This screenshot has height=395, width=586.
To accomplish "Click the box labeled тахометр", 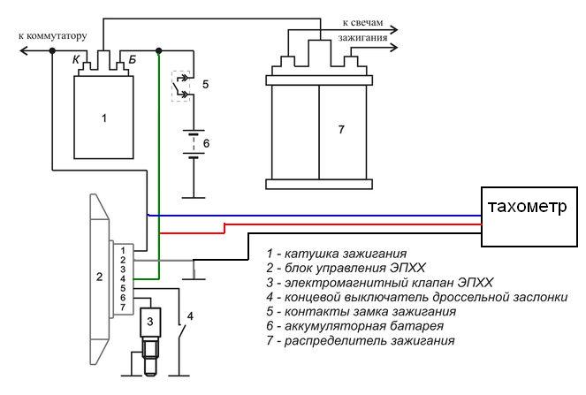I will click(x=527, y=209).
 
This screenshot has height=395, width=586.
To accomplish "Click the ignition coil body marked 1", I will click(x=104, y=116).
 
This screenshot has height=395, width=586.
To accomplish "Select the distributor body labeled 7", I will click(x=340, y=129).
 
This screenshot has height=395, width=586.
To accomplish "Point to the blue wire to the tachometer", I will click(x=309, y=215).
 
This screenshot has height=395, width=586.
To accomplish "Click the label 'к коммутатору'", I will click(x=52, y=36).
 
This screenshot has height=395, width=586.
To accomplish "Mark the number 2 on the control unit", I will click(x=99, y=277).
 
